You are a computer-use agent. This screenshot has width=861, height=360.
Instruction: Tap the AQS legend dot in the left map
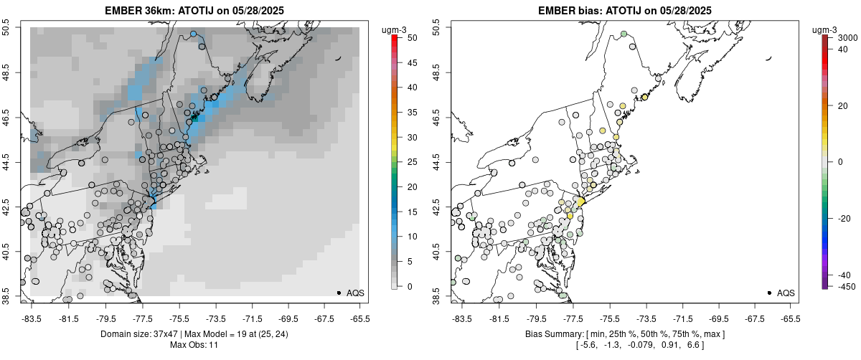click(x=339, y=293)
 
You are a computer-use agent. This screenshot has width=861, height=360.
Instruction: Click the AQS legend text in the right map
click(x=786, y=293)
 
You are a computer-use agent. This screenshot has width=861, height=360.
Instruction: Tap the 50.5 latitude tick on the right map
click(x=445, y=28)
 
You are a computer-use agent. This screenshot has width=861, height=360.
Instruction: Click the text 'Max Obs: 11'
click(x=194, y=346)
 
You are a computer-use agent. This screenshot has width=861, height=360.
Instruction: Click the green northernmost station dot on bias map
click(x=624, y=34)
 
